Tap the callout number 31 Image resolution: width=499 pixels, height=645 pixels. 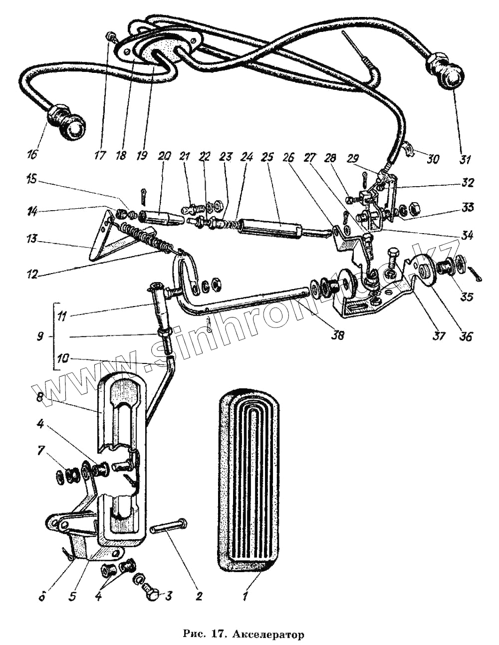465,160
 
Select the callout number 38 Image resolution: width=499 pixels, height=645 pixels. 338,336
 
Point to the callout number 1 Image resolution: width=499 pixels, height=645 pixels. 245,596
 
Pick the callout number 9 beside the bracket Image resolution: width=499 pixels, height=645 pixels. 39,337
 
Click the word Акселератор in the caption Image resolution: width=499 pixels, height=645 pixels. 273,635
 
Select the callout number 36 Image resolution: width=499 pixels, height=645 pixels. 467,336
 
